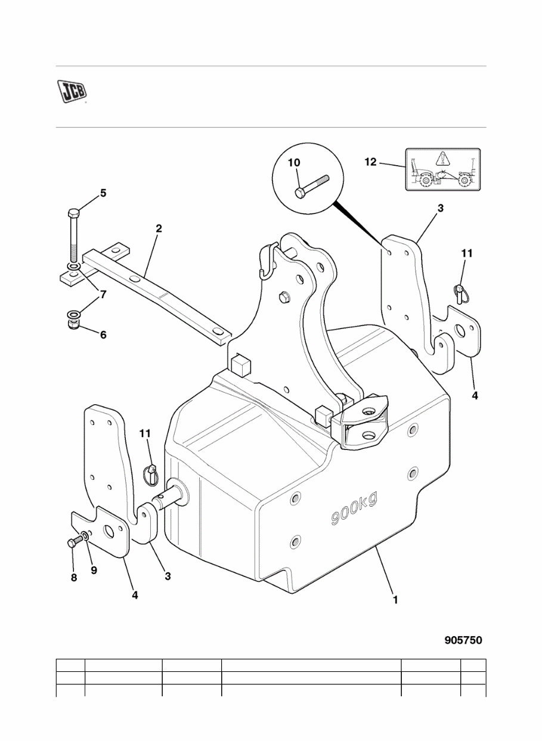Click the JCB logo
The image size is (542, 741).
(x=72, y=91)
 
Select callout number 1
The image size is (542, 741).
(x=395, y=600)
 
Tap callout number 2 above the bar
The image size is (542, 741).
(x=159, y=228)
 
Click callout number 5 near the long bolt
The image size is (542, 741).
(x=103, y=193)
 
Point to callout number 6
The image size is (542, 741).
(x=103, y=335)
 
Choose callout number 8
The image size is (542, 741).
(x=74, y=578)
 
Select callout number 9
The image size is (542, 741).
(x=94, y=570)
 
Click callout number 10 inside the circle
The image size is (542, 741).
(x=295, y=162)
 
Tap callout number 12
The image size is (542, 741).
(x=371, y=162)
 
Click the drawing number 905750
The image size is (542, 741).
(x=463, y=640)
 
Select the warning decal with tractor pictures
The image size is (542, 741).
(x=442, y=169)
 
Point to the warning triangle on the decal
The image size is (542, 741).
(x=441, y=159)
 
